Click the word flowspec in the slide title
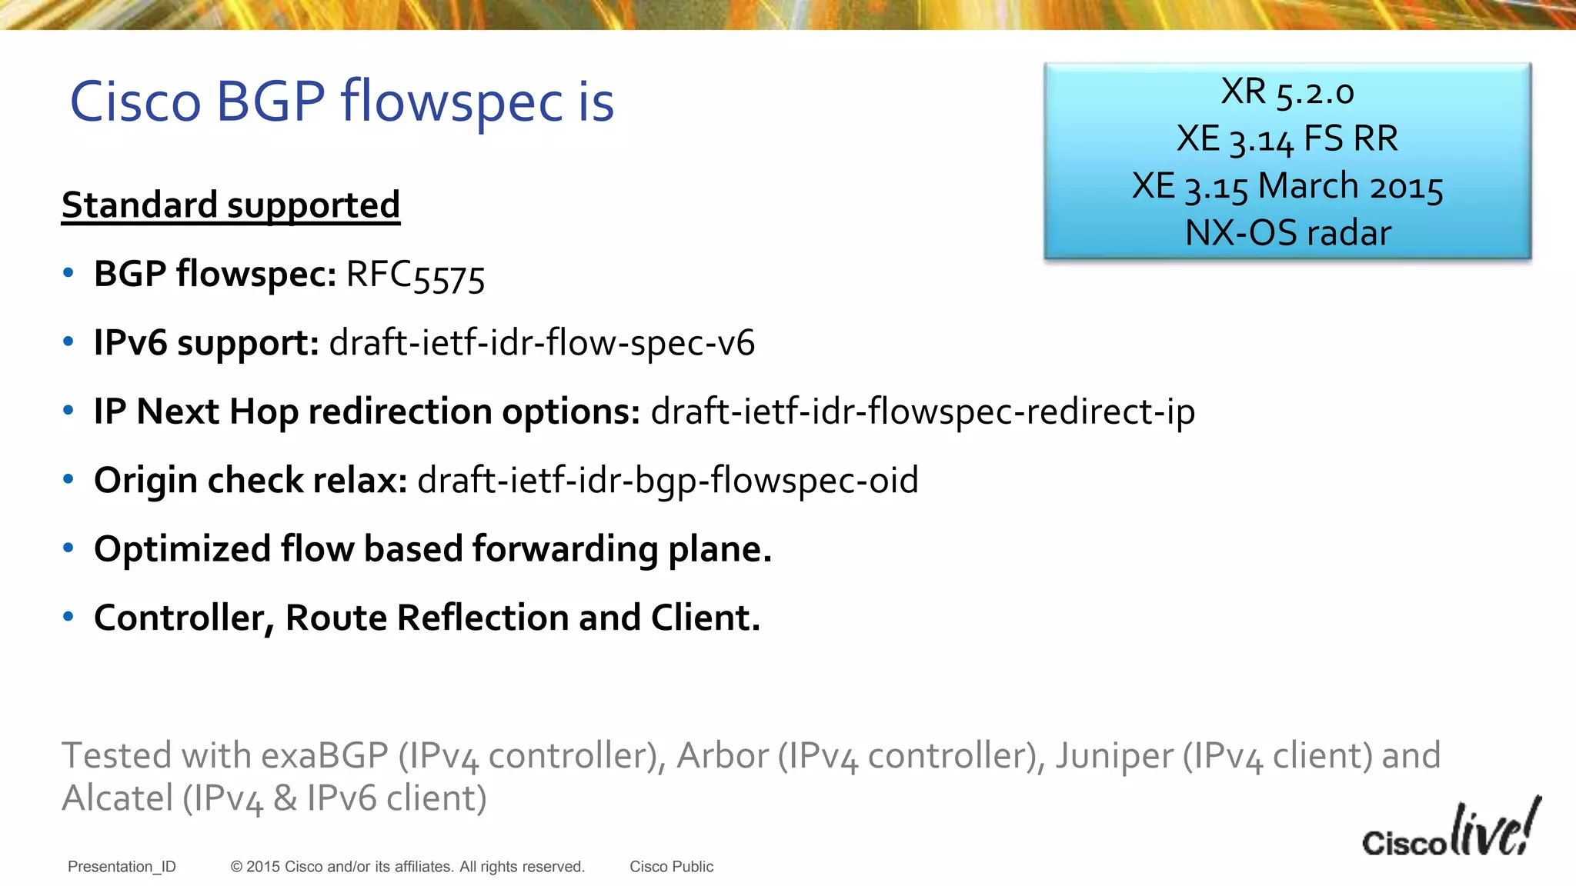(452, 103)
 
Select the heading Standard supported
(231, 205)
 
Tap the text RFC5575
(416, 275)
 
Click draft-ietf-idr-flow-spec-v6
(542, 343)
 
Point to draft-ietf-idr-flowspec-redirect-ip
(922, 411)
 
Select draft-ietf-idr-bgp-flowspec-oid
(667, 481)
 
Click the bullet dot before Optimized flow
(68, 548)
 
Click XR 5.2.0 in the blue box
(1287, 92)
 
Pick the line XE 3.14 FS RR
(1287, 139)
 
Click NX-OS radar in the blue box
(1287, 233)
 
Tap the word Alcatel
(117, 798)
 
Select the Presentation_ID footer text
(122, 867)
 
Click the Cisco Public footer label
(671, 867)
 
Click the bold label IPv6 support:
(206, 343)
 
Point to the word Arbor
(722, 755)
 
